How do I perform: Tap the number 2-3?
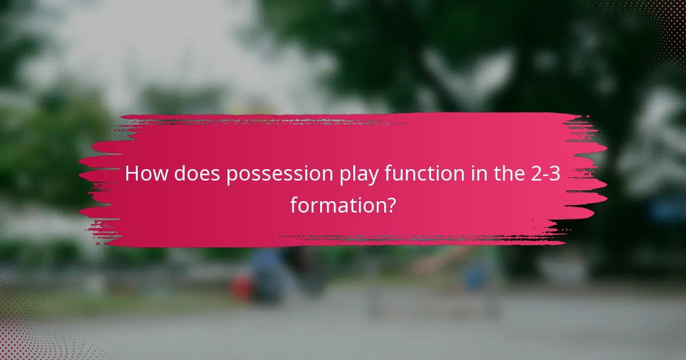[x=550, y=174]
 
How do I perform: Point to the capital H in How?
[x=131, y=174]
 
